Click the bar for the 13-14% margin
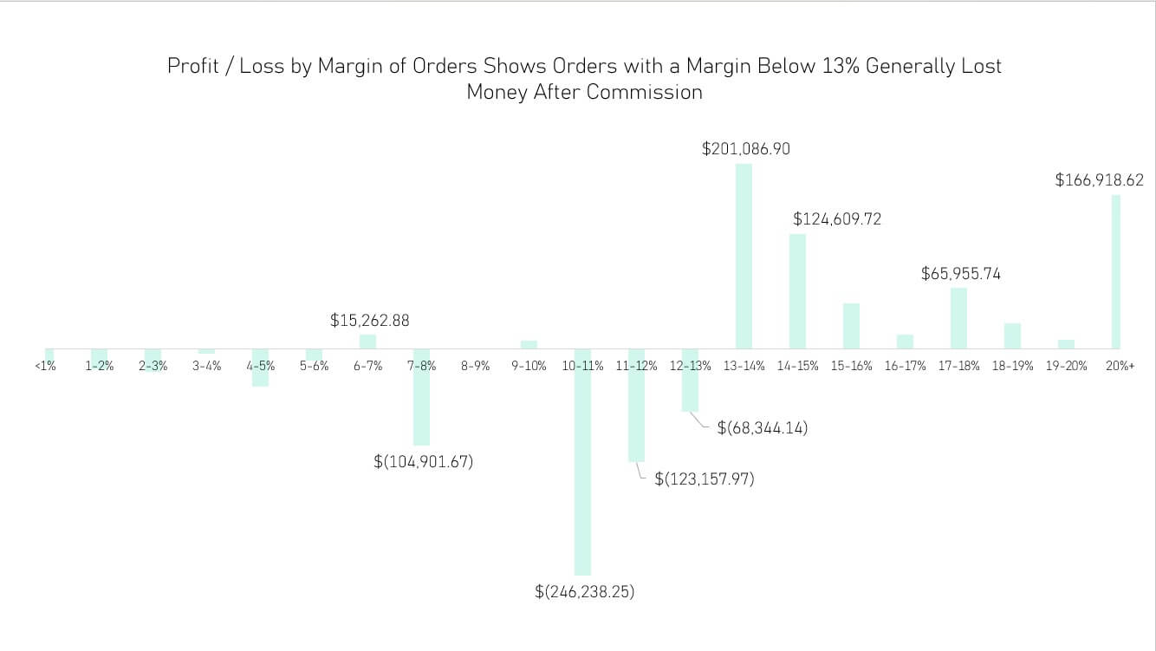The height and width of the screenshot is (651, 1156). pyautogui.click(x=744, y=256)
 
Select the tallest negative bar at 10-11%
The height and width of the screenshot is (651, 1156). pyautogui.click(x=582, y=461)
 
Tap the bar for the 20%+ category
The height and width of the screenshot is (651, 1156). pyautogui.click(x=1116, y=271)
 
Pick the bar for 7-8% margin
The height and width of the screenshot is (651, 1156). pyautogui.click(x=421, y=397)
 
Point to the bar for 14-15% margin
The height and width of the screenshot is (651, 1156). pyautogui.click(x=797, y=291)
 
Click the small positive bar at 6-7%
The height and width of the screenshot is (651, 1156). pyautogui.click(x=367, y=342)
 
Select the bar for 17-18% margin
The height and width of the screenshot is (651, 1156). pyautogui.click(x=958, y=318)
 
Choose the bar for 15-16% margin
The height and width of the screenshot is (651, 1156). pyautogui.click(x=851, y=326)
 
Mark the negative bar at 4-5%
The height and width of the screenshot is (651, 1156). pyautogui.click(x=260, y=368)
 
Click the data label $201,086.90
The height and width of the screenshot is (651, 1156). pyautogui.click(x=745, y=149)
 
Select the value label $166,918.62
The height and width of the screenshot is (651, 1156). pyautogui.click(x=1099, y=180)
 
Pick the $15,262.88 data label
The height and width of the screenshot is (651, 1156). pyautogui.click(x=369, y=321)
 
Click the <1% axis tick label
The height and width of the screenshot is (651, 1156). pyautogui.click(x=45, y=367)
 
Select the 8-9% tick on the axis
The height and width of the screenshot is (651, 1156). pyautogui.click(x=475, y=367)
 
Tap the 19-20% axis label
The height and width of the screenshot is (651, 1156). pyautogui.click(x=1066, y=367)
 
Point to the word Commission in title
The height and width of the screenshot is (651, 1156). pyautogui.click(x=644, y=92)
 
